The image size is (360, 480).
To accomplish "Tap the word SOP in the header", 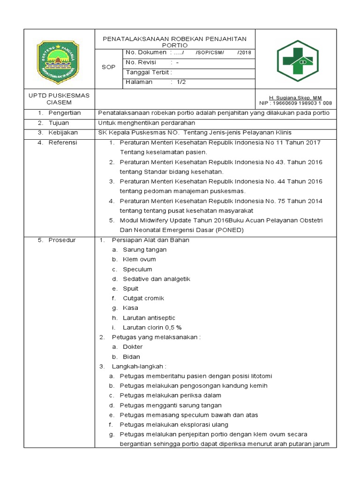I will tap(109, 67).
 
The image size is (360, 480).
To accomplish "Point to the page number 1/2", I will tap(181, 82).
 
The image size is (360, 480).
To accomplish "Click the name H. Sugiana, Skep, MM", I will tap(295, 97).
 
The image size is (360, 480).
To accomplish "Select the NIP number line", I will tap(295, 103).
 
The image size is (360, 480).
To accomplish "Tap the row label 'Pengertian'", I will tap(65, 113).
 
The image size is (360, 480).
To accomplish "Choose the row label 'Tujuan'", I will tap(59, 123).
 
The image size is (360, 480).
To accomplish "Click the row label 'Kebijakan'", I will tap(63, 133).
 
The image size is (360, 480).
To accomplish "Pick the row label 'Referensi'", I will tap(63, 142).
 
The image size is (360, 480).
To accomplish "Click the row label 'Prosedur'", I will tap(62, 240).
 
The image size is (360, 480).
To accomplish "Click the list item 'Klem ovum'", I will tap(139, 259).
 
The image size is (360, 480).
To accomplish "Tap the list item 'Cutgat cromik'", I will tap(143, 298).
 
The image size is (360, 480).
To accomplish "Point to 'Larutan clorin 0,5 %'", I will tap(152, 328).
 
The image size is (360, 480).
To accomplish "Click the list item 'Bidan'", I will tap(131, 357).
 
